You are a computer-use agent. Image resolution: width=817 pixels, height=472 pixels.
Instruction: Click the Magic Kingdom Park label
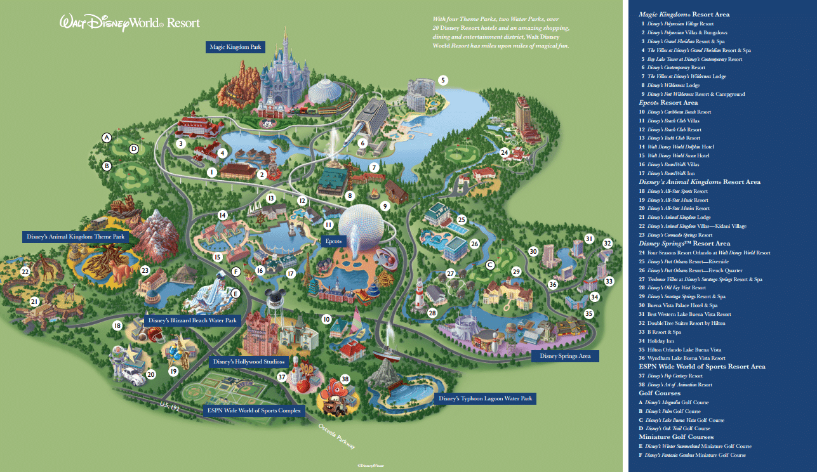tap(236, 47)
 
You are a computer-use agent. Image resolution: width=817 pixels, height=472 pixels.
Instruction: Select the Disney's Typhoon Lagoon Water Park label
tap(485, 399)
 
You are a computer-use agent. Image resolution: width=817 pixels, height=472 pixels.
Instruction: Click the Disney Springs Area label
tap(565, 356)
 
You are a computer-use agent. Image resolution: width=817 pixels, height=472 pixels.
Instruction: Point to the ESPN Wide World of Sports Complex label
tap(254, 410)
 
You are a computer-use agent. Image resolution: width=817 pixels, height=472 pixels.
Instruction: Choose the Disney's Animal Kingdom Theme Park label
tap(76, 237)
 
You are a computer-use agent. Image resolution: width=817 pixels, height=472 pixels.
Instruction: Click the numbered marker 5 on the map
tap(443, 80)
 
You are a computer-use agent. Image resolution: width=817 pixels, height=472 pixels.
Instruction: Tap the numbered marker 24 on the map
tap(505, 152)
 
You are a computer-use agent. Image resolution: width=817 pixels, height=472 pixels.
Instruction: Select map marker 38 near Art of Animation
tap(345, 379)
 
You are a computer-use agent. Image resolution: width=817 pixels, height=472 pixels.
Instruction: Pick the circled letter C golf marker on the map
tap(489, 265)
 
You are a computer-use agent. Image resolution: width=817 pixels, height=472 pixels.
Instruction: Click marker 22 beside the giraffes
tap(25, 272)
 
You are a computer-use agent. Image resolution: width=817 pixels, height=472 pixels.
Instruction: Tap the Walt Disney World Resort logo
tap(130, 23)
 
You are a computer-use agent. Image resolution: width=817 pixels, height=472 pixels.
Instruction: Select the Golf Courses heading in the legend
tap(659, 393)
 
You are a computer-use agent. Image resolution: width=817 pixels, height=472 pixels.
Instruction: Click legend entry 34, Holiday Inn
tap(660, 341)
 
